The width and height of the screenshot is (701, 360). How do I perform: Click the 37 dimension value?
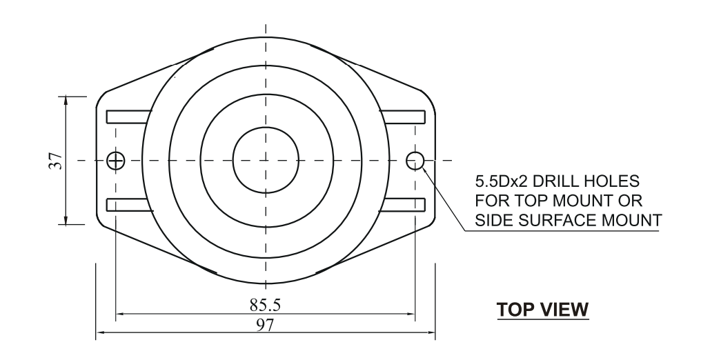click(58, 160)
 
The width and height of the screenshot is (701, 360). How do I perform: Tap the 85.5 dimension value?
click(264, 303)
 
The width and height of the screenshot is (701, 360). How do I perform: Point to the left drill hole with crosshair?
click(116, 161)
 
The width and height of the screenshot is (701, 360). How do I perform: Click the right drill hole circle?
click(415, 161)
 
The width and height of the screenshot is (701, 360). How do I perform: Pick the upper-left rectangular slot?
click(128, 117)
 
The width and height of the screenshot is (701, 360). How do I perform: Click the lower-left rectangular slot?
click(128, 204)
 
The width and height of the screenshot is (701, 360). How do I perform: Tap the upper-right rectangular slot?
click(402, 117)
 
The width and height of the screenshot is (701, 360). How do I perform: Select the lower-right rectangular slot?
click(402, 204)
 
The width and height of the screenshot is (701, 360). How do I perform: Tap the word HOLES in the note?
click(612, 182)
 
